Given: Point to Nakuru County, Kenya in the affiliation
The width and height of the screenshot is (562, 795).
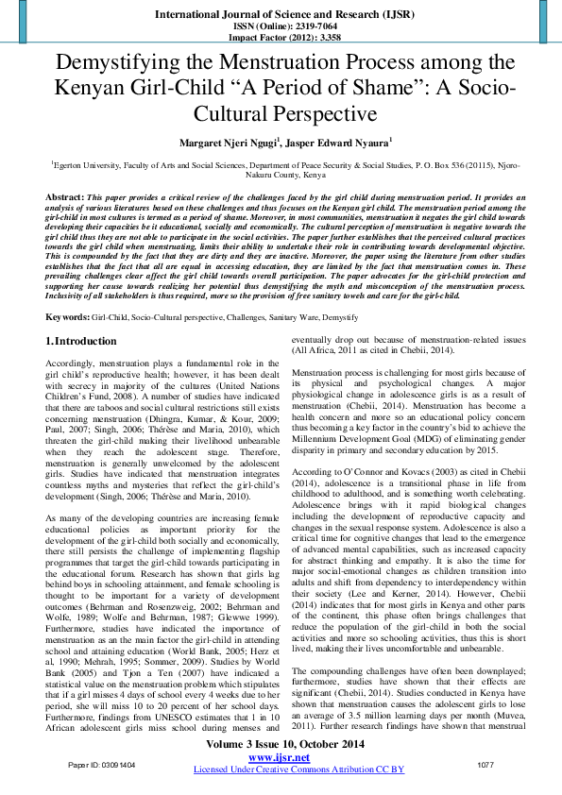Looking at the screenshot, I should [x=280, y=175].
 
